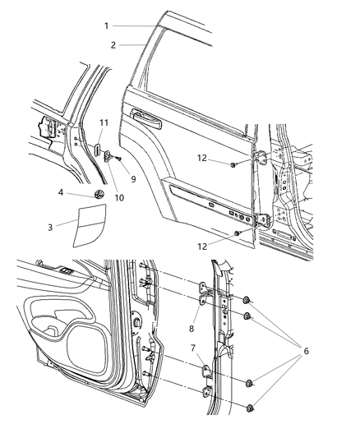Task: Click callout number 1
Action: coord(105,25)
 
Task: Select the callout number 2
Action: coord(113,45)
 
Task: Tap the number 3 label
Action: coord(51,224)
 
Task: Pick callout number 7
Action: coord(192,348)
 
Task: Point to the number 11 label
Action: coord(104,122)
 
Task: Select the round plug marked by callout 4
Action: coord(99,194)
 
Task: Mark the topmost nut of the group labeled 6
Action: coord(247,299)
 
